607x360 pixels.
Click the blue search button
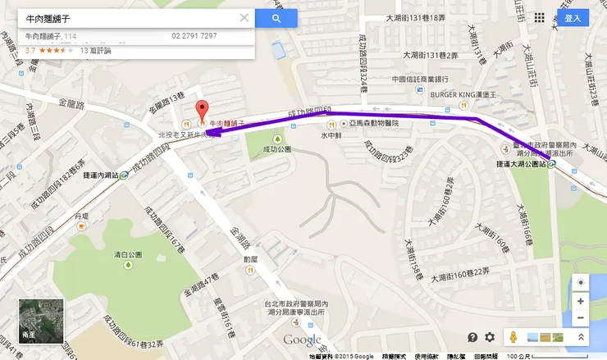point(276,18)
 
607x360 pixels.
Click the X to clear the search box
point(244,18)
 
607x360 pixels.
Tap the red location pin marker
point(200,112)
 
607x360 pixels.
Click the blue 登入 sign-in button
point(573,18)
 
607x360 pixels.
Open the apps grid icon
point(539,18)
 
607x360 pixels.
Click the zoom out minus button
point(581,318)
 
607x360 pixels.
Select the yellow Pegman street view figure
point(512,337)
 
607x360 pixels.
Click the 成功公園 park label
point(276,150)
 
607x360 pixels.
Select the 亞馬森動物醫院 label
point(371,122)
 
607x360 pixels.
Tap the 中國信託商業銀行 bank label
point(419,80)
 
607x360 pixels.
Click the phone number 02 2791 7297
point(194,36)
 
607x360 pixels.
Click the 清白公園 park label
point(128,254)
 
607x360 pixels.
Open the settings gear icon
point(490,337)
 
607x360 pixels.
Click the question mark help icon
point(472,337)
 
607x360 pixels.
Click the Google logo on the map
point(303,340)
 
